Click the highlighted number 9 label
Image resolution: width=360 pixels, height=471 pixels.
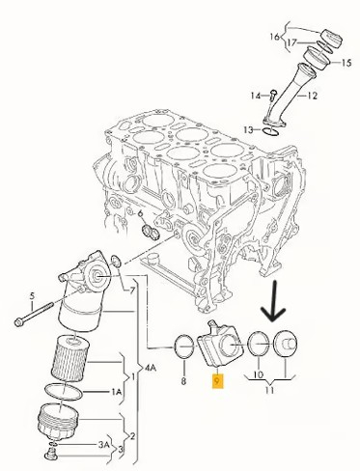(x=218, y=381)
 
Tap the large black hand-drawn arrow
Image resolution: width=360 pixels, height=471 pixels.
(x=273, y=301)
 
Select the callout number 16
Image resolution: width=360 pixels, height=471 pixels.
(x=275, y=37)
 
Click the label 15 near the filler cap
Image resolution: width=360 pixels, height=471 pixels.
(x=346, y=63)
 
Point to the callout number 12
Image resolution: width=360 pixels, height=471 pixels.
(x=312, y=96)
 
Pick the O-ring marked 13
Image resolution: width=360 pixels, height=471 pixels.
(x=271, y=131)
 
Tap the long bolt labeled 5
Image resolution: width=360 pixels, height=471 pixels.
(x=34, y=313)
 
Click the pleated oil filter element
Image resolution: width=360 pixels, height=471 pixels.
(x=69, y=358)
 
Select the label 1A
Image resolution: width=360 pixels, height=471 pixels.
(x=117, y=392)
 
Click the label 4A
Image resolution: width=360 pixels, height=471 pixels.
(x=151, y=368)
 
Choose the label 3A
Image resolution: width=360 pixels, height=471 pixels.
(x=103, y=445)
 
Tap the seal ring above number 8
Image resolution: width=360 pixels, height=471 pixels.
(x=184, y=346)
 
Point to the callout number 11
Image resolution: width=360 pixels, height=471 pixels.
(x=269, y=390)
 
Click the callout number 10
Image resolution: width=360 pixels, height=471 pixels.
(x=259, y=374)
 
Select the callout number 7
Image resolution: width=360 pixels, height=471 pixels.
(x=132, y=291)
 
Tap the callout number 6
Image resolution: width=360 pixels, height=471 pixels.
(x=140, y=213)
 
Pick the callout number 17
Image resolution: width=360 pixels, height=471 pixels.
(x=291, y=42)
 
